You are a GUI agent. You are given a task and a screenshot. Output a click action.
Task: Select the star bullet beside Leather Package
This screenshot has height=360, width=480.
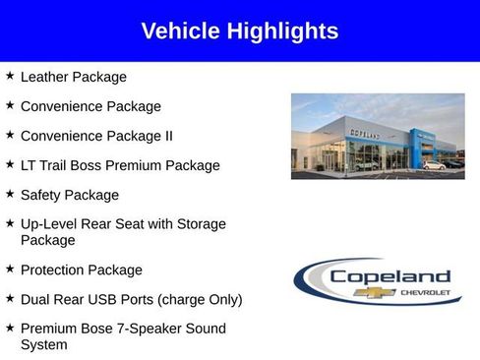click(x=10, y=75)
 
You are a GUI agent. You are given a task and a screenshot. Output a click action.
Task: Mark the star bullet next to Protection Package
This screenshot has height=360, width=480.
click(x=10, y=268)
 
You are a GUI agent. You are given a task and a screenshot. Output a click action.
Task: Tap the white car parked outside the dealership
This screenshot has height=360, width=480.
click(x=434, y=165)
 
